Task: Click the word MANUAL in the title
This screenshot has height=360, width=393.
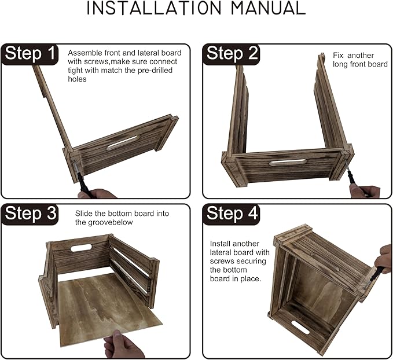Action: click(268, 8)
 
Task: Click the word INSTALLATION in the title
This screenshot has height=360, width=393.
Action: click(153, 8)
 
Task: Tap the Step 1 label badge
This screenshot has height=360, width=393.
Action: click(30, 54)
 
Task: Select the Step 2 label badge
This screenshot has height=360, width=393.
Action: click(232, 54)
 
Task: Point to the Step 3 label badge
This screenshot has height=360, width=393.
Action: click(30, 214)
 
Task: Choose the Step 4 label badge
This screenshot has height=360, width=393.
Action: click(232, 214)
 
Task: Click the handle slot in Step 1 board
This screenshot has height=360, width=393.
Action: click(123, 143)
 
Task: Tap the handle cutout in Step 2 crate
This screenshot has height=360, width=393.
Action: click(288, 163)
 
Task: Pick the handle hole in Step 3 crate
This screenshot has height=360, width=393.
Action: click(80, 248)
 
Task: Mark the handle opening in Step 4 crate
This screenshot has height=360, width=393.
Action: click(300, 327)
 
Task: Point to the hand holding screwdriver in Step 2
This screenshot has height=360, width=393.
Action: click(365, 192)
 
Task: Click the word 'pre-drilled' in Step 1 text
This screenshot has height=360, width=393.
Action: click(155, 70)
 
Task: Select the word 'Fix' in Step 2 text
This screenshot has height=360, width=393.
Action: click(338, 55)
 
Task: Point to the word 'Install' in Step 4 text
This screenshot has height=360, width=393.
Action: click(220, 244)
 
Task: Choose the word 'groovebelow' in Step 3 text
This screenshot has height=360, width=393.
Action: click(111, 223)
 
